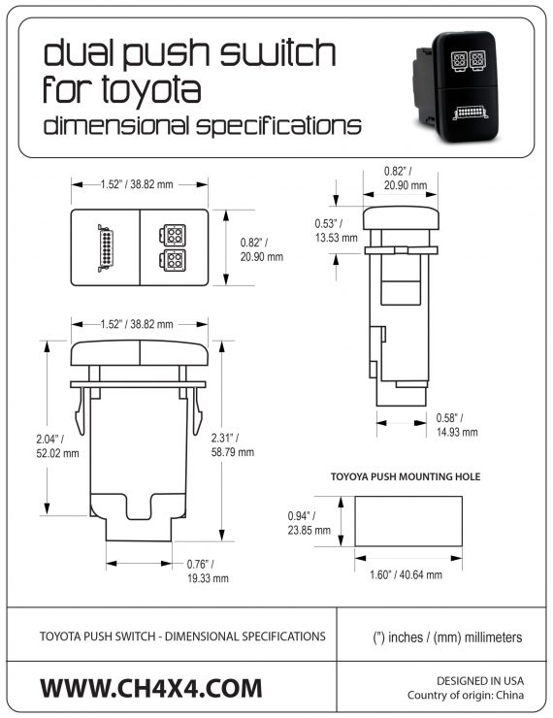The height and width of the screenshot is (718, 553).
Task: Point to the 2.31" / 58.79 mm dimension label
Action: pos(233,444)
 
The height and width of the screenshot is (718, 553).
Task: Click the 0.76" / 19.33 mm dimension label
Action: pos(207,571)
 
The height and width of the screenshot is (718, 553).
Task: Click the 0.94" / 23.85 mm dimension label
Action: pos(309,523)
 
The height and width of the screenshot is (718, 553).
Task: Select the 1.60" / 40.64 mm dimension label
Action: pos(406,574)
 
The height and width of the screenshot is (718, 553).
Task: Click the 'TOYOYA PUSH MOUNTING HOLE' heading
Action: pos(406,477)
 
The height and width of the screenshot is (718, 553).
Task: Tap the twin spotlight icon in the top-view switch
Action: pos(176,247)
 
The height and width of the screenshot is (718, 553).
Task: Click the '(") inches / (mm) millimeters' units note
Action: pos(447,637)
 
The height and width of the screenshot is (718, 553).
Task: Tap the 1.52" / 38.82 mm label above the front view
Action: pos(137,324)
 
